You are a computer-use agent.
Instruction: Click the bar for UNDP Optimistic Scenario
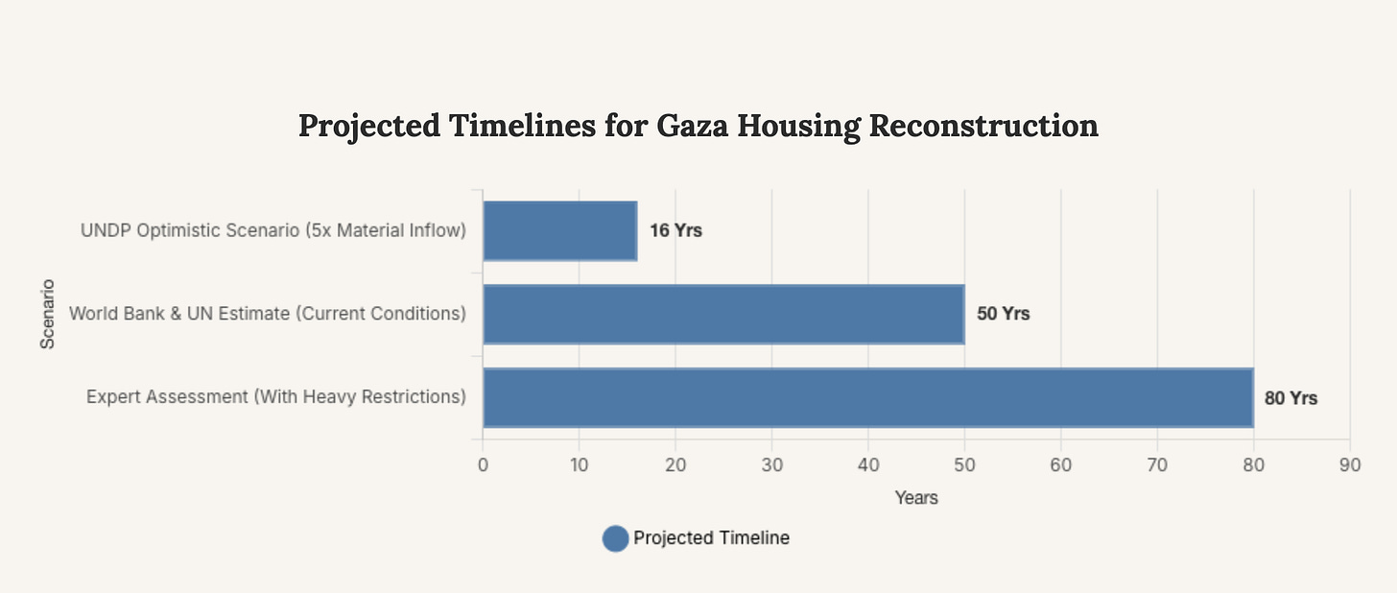click(559, 230)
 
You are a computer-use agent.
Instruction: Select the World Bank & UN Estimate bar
click(722, 314)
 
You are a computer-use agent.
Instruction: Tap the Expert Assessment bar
click(867, 397)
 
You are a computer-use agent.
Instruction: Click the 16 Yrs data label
click(675, 231)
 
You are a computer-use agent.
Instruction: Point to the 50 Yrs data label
click(1003, 314)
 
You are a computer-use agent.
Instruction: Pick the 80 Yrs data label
click(1290, 398)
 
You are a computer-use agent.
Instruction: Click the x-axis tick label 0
click(483, 465)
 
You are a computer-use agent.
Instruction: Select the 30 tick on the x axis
click(771, 465)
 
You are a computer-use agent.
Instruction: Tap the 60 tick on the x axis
click(1060, 465)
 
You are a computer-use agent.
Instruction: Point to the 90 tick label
click(1349, 465)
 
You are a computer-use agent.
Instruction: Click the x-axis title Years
click(916, 498)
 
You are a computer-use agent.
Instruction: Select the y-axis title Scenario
click(47, 314)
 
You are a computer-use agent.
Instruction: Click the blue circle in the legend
click(615, 538)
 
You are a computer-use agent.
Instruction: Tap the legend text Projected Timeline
click(711, 538)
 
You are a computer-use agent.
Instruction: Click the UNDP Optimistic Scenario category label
click(273, 231)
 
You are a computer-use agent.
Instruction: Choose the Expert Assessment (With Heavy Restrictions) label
click(276, 396)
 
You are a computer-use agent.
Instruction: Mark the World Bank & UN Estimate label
click(268, 314)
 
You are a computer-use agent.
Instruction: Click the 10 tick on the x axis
click(579, 465)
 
